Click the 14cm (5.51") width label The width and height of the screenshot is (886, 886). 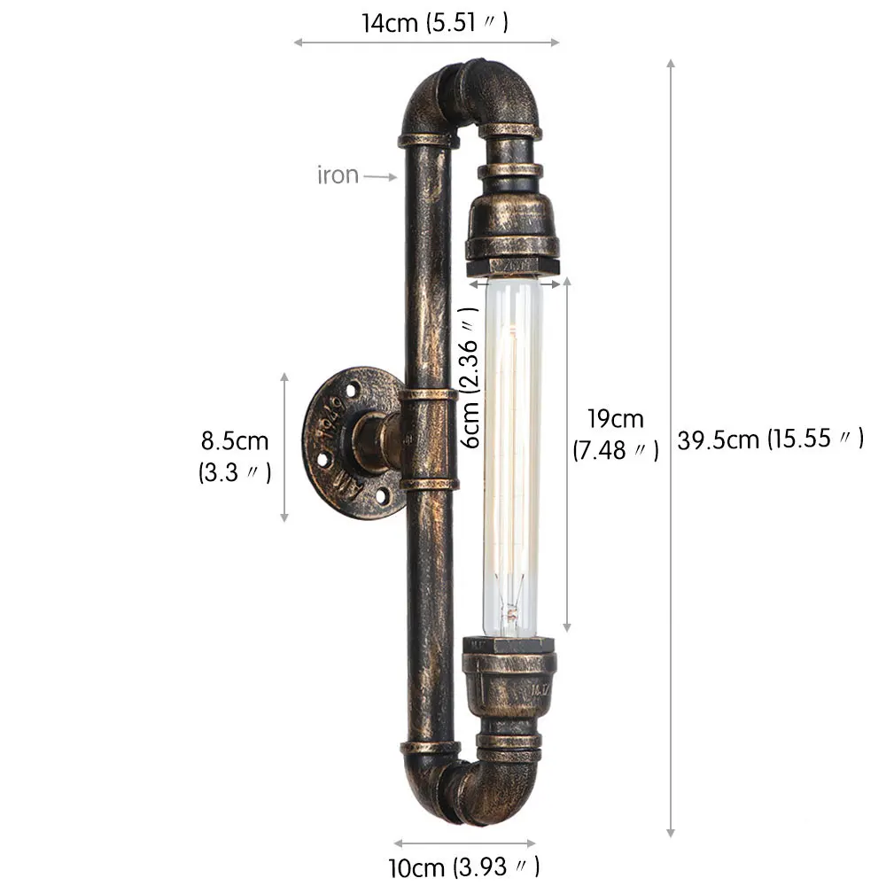(x=434, y=23)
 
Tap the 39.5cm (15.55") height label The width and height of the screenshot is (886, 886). (x=770, y=439)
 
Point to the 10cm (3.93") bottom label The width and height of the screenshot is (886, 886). (x=462, y=865)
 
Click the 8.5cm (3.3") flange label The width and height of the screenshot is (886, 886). (x=234, y=455)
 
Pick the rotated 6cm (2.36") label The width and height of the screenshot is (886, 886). (x=471, y=372)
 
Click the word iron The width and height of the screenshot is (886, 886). (x=338, y=175)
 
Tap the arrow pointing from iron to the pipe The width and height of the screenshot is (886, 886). (x=381, y=176)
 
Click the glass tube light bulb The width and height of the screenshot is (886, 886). (x=511, y=456)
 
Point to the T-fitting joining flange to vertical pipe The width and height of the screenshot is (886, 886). (x=429, y=439)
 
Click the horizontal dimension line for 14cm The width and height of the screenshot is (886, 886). (x=426, y=42)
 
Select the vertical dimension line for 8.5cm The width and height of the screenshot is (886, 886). (x=284, y=447)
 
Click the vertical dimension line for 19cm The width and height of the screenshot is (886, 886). (x=566, y=456)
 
